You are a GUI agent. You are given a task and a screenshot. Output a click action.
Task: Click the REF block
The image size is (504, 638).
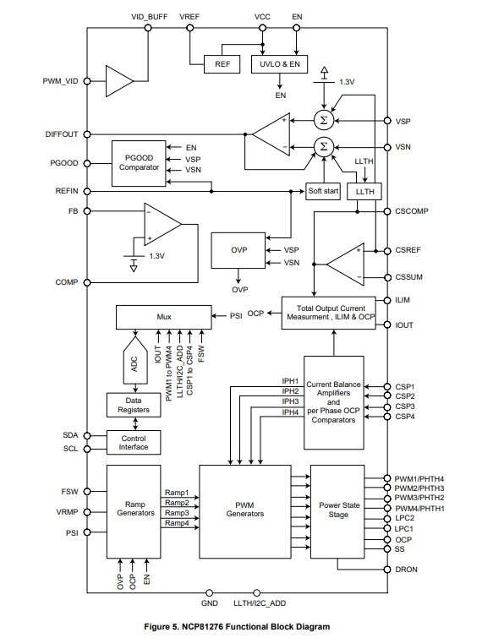click(x=222, y=64)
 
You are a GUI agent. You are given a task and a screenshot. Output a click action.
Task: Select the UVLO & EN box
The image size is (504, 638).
click(x=279, y=64)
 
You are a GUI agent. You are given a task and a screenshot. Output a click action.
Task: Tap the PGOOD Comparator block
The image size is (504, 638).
click(x=139, y=164)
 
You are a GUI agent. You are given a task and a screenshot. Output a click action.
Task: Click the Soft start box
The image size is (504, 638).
click(x=323, y=191)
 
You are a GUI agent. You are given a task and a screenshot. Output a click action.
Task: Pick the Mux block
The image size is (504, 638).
click(x=164, y=317)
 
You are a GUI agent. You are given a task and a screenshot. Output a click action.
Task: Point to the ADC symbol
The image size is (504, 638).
click(x=135, y=361)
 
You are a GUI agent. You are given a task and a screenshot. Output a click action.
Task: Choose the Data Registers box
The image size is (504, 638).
click(x=134, y=405)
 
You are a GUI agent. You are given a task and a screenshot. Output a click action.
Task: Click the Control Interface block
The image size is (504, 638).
click(x=134, y=443)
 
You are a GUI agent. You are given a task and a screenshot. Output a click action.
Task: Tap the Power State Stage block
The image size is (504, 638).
click(x=337, y=512)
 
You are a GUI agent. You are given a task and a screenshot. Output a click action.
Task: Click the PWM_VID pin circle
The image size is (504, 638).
click(x=87, y=81)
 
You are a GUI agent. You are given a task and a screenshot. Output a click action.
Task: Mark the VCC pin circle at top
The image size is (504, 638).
click(x=263, y=28)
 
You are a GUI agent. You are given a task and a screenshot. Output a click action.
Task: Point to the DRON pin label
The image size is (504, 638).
click(x=406, y=570)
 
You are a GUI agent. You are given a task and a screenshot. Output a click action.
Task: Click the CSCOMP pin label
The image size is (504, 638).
click(x=412, y=211)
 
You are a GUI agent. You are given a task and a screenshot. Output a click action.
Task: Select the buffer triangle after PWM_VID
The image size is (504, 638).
click(x=120, y=81)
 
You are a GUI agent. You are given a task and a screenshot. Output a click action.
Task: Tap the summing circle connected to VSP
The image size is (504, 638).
click(x=324, y=121)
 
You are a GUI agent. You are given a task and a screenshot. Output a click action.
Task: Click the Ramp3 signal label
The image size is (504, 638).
click(x=177, y=513)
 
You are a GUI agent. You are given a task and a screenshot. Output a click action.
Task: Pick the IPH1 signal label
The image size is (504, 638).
click(x=290, y=381)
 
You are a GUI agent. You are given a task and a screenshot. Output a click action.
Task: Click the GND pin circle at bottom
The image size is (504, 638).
click(x=209, y=593)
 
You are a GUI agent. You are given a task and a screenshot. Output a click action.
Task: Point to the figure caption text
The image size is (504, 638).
click(x=237, y=627)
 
